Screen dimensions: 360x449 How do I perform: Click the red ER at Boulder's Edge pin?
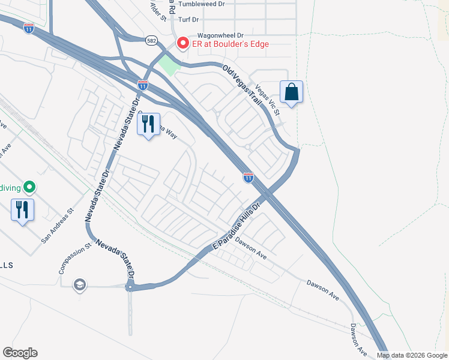pos(182,44)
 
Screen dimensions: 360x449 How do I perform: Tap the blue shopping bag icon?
pos(291,92)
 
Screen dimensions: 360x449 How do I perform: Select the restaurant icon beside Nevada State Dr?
pos(148,124)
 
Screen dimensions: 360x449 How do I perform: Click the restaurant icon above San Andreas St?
pos(22,210)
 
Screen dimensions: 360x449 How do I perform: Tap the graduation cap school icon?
pos(79,285)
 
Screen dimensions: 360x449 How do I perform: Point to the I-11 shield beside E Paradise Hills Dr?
pos(248,178)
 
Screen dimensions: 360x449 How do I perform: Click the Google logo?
pos(20,353)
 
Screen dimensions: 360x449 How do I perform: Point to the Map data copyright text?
pos(411,355)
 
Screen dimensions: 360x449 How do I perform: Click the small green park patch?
pos(170,66)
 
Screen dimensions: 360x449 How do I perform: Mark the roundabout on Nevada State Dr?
pos(130,287)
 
